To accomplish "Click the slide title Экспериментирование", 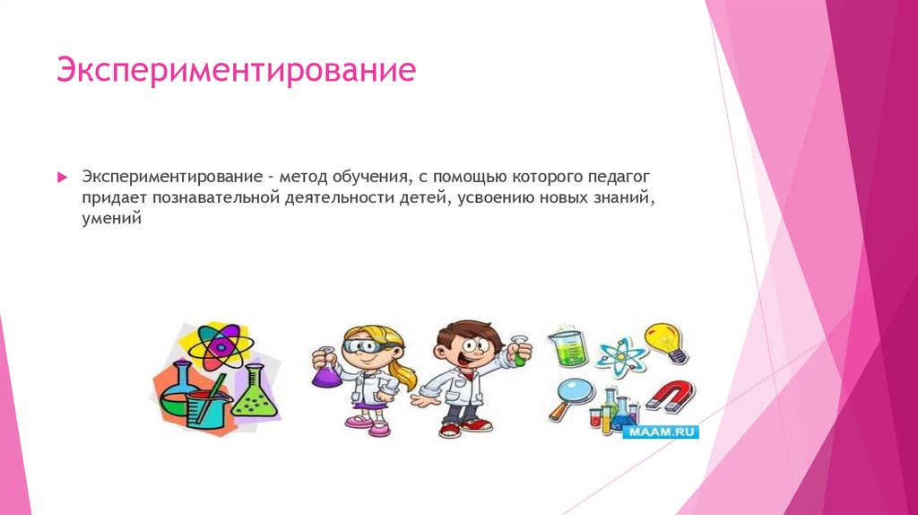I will pos(237,71).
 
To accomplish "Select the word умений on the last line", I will pos(112,218).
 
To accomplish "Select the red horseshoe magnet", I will pos(670,393).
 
